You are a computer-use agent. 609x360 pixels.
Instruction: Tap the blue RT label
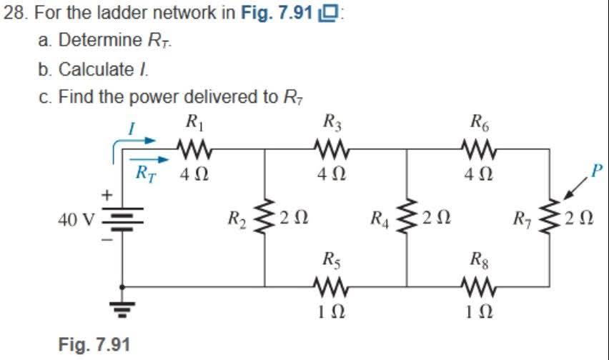click(147, 172)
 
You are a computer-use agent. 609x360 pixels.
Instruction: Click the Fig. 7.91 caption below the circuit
click(89, 343)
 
